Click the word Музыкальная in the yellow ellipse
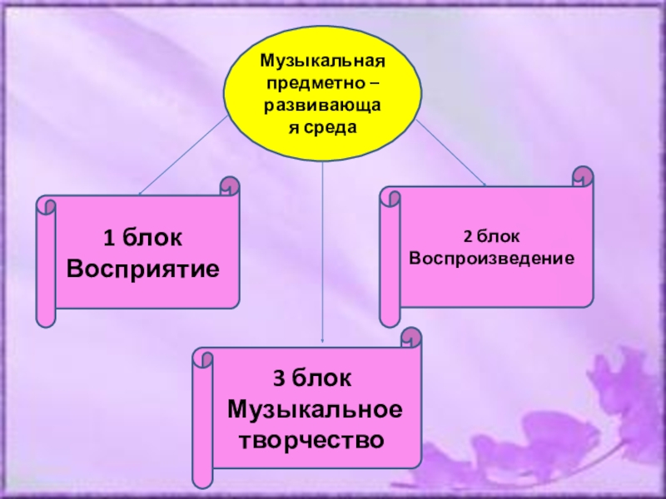pyautogui.click(x=322, y=62)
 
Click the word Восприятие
pyautogui.click(x=143, y=269)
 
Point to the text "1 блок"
pyautogui.click(x=142, y=240)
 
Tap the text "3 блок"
pyautogui.click(x=314, y=379)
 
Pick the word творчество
pyautogui.click(x=313, y=438)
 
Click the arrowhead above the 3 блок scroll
pyautogui.click(x=323, y=338)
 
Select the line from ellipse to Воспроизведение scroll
pyautogui.click(x=450, y=150)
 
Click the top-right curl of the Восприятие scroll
pyautogui.click(x=229, y=186)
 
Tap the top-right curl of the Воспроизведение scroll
pyautogui.click(x=584, y=175)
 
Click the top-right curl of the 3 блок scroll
pyautogui.click(x=411, y=338)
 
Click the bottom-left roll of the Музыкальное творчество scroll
pyautogui.click(x=202, y=477)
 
